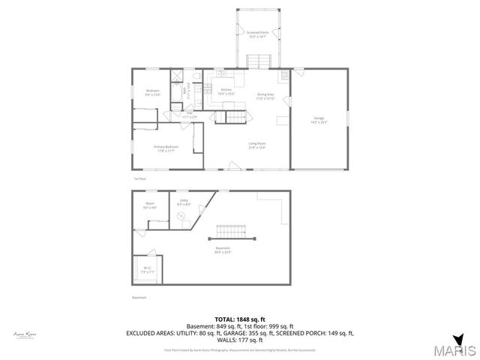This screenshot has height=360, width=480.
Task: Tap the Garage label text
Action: [x=319, y=120]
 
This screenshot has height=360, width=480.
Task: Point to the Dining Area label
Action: [x=265, y=96]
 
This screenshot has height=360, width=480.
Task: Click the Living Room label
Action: [x=257, y=145]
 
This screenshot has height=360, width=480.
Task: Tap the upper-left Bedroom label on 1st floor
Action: [x=152, y=93]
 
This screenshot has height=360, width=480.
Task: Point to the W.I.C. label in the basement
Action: [x=147, y=271]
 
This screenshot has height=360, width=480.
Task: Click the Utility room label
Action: [x=183, y=202]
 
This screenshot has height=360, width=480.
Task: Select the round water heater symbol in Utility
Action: [x=182, y=216]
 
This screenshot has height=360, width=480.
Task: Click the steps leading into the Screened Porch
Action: [x=257, y=61]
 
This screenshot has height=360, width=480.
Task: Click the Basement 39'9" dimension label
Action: [x=223, y=250]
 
